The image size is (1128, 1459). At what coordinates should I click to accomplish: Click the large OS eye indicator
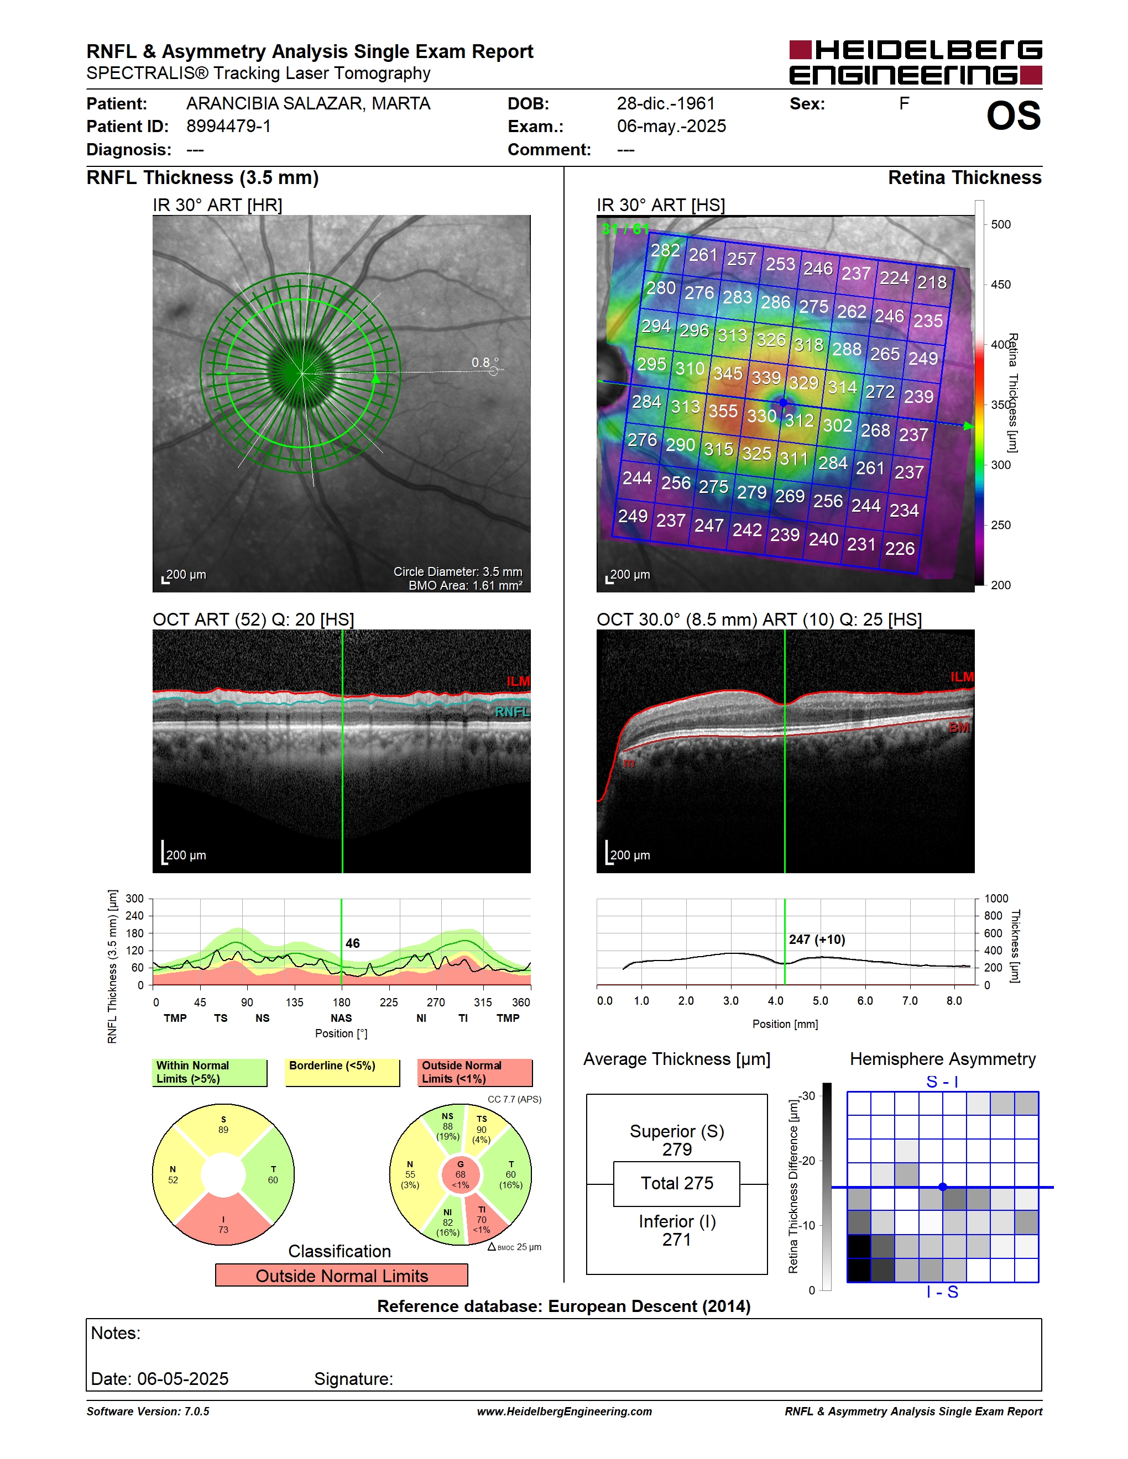click(1014, 116)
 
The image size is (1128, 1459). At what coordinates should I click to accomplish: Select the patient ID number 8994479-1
click(228, 126)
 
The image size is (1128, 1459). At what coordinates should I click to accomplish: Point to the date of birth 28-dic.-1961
click(666, 103)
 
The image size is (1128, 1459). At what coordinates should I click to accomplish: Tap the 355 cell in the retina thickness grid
click(722, 410)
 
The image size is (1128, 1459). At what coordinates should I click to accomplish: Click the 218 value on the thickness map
click(932, 282)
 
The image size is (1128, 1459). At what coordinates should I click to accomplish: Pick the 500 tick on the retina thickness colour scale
click(1000, 224)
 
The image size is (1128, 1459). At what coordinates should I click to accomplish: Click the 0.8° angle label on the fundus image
click(484, 362)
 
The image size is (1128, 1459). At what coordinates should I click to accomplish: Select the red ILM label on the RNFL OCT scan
click(518, 681)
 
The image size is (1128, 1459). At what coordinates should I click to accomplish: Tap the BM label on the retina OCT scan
click(959, 727)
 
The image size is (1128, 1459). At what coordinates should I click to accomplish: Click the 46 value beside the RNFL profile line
click(352, 943)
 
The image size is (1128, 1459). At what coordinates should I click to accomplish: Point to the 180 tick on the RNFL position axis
click(342, 1002)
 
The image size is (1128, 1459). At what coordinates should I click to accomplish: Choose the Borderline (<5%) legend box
click(342, 1072)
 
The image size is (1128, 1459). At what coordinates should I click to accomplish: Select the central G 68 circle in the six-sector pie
click(461, 1174)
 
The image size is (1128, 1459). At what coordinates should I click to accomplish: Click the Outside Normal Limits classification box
click(342, 1276)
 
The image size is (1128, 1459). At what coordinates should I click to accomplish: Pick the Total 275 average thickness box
click(676, 1184)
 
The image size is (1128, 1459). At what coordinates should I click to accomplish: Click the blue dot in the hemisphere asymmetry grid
click(942, 1187)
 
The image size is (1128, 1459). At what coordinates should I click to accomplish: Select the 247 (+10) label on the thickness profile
click(817, 940)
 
